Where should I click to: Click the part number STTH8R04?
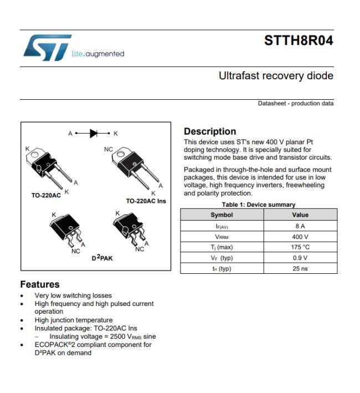(299, 40)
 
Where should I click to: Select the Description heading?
(210, 131)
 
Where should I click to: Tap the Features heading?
(40, 284)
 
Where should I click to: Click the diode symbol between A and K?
(94, 134)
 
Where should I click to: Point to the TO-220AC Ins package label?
(146, 201)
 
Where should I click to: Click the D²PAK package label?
(102, 258)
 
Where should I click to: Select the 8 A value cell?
(300, 226)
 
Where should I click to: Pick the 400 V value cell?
(300, 237)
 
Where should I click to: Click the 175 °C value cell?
(300, 247)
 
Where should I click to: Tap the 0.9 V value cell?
(300, 258)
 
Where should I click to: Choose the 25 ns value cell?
(300, 268)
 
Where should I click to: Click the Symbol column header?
(222, 215)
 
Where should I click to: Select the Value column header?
(300, 215)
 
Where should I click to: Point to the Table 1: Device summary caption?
(259, 205)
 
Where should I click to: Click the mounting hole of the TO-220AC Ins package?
(120, 152)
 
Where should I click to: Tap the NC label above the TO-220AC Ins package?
(109, 149)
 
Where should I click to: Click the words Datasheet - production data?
(296, 103)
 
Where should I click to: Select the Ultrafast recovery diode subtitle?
(276, 76)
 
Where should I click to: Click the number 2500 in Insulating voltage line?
(117, 336)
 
